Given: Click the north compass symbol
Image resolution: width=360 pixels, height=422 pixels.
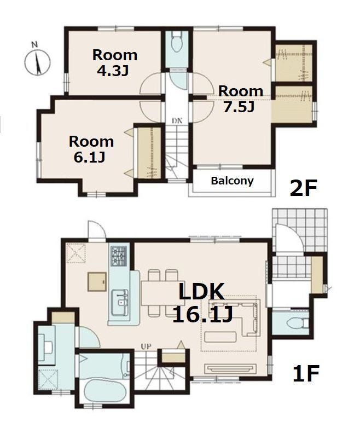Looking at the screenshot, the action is [38, 61].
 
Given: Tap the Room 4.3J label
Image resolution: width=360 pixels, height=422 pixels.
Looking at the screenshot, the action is [114, 63].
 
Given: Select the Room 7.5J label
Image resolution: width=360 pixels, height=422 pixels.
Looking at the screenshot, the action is [240, 99].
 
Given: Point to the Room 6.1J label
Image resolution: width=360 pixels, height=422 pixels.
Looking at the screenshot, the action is [91, 149].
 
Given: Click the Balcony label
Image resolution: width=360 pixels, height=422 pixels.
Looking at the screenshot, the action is [232, 181].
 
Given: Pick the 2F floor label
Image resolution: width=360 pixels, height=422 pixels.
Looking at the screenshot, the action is [304, 188].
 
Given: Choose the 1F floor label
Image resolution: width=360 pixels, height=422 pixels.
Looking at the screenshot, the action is [306, 373].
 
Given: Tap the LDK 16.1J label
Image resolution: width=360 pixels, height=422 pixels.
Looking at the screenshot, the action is [202, 303].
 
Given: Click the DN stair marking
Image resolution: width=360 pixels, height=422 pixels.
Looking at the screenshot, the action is [177, 120].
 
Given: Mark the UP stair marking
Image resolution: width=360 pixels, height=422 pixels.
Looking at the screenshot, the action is [147, 346].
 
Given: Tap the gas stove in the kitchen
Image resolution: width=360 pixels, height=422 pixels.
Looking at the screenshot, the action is [119, 256].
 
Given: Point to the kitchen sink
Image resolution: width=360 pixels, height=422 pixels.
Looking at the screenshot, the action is [119, 302].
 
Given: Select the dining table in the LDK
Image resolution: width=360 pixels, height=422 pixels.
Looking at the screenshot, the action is [159, 293].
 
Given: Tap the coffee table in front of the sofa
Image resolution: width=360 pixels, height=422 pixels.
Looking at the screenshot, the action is [220, 337].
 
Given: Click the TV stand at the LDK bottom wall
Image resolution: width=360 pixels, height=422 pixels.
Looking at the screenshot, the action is [230, 369].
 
